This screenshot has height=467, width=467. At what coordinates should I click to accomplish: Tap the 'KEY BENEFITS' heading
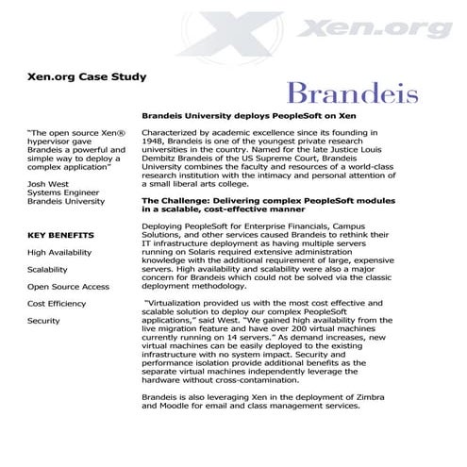click(x=60, y=234)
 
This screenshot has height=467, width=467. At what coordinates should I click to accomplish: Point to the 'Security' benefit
click(x=43, y=320)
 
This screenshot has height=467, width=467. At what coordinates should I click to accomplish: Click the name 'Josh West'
click(x=46, y=182)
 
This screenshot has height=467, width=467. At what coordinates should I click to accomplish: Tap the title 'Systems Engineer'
click(x=60, y=192)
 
